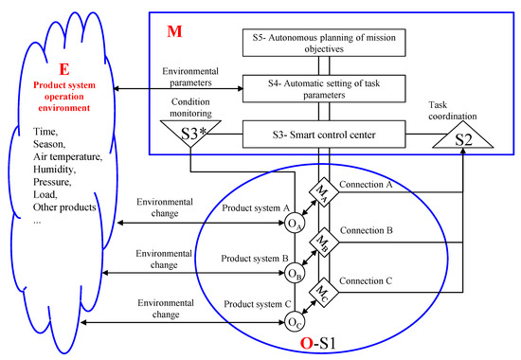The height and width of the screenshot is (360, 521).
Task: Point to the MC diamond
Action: click(325, 289)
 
